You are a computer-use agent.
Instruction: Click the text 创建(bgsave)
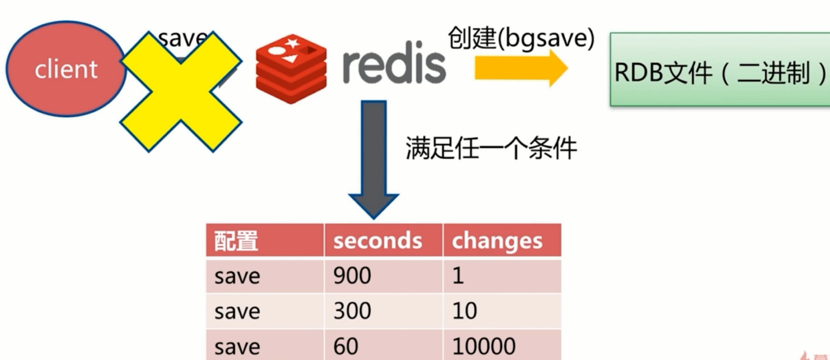click(x=521, y=38)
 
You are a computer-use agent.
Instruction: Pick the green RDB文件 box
click(x=720, y=70)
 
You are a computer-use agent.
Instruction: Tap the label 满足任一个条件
click(x=491, y=148)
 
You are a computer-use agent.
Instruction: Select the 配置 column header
click(x=263, y=240)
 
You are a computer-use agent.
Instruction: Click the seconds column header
click(x=382, y=240)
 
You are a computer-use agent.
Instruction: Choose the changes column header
click(x=501, y=240)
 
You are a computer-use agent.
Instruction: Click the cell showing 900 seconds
click(x=382, y=276)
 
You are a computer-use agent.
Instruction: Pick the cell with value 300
click(x=382, y=311)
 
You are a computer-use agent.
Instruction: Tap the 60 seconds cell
click(x=382, y=347)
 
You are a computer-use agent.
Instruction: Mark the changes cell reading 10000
click(x=501, y=347)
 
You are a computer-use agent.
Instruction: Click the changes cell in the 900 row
click(x=501, y=276)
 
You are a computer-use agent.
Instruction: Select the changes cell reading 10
click(x=501, y=311)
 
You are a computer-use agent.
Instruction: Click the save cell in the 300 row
click(x=263, y=311)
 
